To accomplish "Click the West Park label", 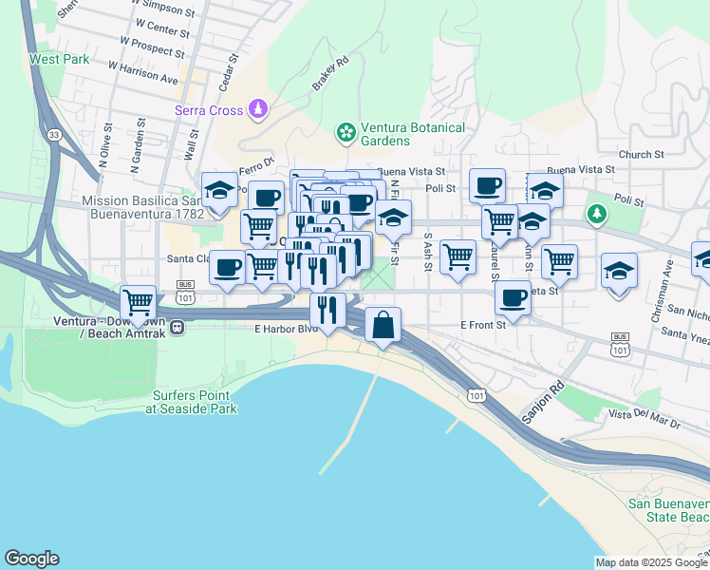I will pos(59,59).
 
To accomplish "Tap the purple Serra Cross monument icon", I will pos(258,111).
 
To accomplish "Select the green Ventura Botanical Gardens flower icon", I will pos(346,131).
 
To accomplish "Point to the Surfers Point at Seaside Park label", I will pos(191,402).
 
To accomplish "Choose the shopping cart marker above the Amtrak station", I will pos(139,302).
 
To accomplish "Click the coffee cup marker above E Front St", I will pos(513,297).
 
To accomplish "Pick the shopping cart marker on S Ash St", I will pos(458,256).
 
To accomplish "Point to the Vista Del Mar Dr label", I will pos(645,415).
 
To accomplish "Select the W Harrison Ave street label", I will pos(143,73).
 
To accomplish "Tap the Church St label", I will pos(640,155).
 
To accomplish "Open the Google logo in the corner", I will pos(31,559).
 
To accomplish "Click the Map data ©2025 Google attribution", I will pos(651,562).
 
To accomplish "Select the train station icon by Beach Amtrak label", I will pos(177,328).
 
